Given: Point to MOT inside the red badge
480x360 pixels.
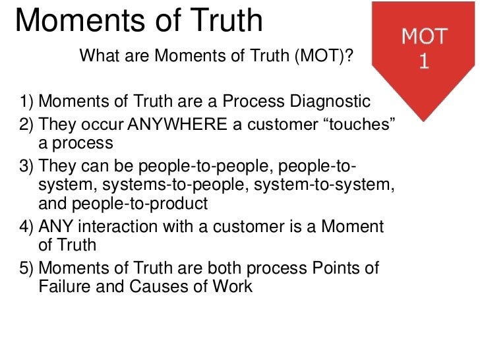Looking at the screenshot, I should coord(425,37).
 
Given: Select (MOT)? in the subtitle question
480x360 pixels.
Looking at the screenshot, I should coord(322,56).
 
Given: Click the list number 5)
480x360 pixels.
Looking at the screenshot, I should coord(26,267).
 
